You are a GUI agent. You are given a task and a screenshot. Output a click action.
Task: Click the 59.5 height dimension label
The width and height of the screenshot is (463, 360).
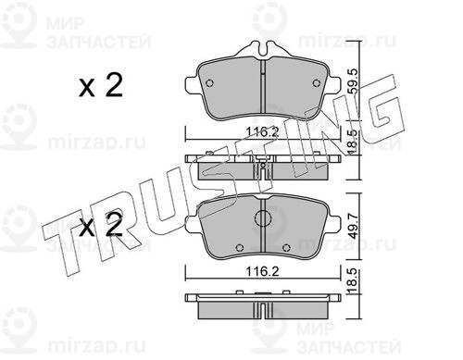tap(354, 81)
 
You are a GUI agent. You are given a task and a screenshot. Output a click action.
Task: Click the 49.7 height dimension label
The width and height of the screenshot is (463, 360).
tap(354, 225)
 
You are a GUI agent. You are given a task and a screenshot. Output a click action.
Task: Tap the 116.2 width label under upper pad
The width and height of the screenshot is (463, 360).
tap(262, 132)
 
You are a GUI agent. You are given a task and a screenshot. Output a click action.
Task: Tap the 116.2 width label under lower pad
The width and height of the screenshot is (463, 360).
tap(262, 271)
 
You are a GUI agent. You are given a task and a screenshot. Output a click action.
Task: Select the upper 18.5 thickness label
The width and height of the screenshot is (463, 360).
tap(354, 143)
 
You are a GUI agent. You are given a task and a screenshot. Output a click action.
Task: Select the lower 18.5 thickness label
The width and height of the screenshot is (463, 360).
tap(354, 281)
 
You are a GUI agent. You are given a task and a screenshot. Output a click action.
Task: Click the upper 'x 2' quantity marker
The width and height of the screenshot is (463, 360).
tap(101, 85)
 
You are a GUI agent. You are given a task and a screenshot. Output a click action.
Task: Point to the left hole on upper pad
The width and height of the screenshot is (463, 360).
tap(209, 83)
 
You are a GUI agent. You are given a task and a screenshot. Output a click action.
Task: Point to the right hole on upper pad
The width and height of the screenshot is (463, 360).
tap(316, 83)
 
